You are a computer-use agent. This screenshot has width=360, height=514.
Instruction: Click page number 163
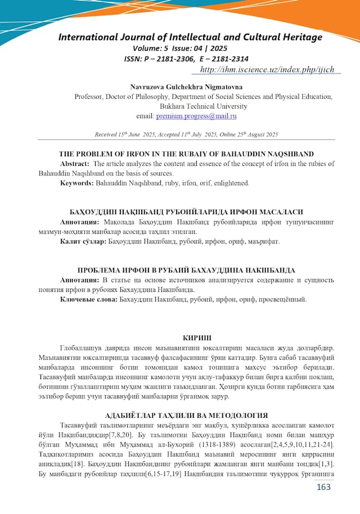coord(323,486)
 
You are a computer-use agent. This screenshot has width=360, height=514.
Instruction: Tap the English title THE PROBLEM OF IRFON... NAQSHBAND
coord(186,154)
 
